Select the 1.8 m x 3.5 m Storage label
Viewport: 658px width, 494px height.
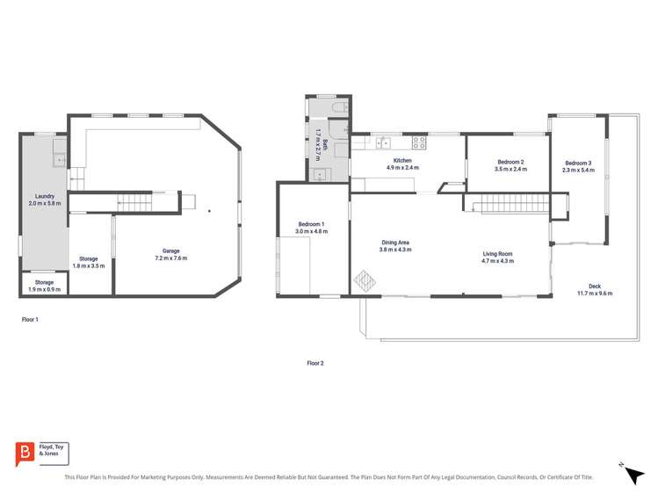(88, 262)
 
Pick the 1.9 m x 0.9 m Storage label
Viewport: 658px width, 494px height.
(44, 286)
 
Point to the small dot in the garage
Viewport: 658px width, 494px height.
(209, 211)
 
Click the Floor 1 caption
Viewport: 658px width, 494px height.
(30, 320)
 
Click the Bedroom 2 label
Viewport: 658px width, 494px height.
(510, 165)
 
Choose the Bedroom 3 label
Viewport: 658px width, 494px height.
(578, 166)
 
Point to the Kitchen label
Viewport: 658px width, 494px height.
(402, 163)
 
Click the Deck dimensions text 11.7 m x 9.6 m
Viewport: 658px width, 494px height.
(595, 293)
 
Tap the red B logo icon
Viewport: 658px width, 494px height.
(24, 453)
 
